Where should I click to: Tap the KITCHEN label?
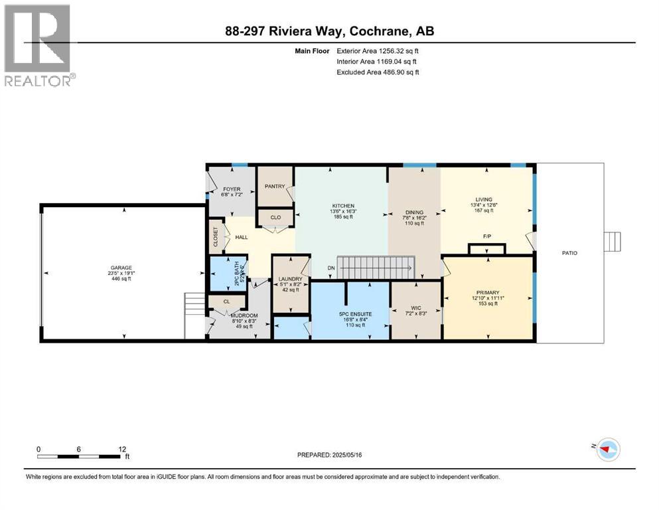point(343,206)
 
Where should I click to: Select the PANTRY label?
point(274,187)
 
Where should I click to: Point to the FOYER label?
point(231,188)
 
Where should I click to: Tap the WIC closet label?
point(415,308)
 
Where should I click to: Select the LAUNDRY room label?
point(290,279)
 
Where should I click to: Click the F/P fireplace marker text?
point(487,236)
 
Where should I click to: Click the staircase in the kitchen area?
point(375,268)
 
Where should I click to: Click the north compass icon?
point(607,450)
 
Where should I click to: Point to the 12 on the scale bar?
point(122,449)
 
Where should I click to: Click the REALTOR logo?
point(38,45)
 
